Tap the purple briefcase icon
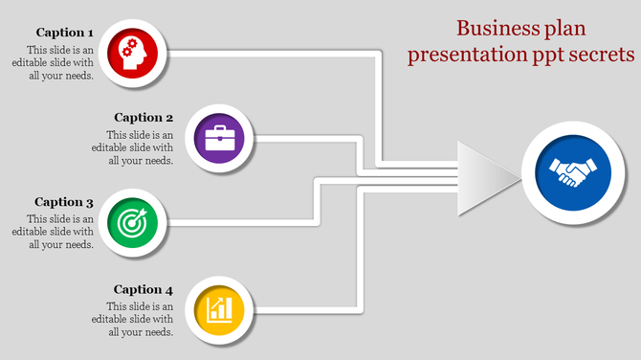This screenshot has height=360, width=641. pos(219,138)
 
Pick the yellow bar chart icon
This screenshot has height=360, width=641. pos(219,310)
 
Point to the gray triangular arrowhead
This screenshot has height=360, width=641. pos(486,173)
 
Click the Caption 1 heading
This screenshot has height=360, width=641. pos(65,33)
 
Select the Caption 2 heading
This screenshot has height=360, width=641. pos(144,118)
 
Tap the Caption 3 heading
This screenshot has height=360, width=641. pos(64,202)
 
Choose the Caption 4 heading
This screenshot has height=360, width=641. pos(144,289)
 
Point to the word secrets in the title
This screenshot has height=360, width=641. pos(600,55)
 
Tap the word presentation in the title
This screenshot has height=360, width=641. pos(466,55)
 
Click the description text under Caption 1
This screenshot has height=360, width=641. pos(60,63)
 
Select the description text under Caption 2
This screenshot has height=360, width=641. pos(140,148)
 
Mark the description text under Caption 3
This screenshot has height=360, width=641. pos(60,232)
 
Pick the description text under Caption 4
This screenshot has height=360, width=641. pos(140,320)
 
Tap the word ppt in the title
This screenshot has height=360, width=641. pos(545,56)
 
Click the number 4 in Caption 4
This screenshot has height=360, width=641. pos(169,289)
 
